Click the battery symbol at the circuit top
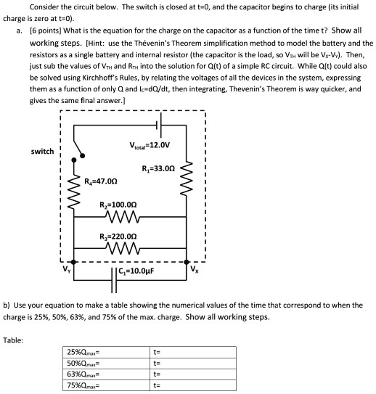(x=161, y=125)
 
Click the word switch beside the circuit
(x=42, y=151)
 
